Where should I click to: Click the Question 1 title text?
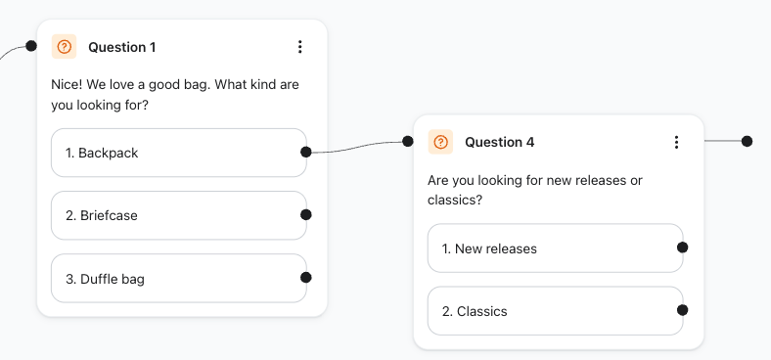pos(122,47)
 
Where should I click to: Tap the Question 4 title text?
pos(500,142)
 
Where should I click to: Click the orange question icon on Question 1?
pos(64,47)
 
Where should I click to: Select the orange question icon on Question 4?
pos(440,142)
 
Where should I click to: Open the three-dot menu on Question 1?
pos(300,47)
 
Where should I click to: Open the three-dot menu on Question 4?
pos(677,142)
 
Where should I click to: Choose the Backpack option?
pos(179,153)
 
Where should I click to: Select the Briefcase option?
pos(179,215)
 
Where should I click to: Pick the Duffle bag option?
pos(179,279)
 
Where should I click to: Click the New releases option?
pos(556,248)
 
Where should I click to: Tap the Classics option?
pos(556,311)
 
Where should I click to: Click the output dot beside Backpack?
pos(306,152)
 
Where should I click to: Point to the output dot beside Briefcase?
pos(306,214)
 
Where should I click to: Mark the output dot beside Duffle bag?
pos(306,278)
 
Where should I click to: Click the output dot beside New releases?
pos(683,247)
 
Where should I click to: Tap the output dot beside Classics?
pos(683,310)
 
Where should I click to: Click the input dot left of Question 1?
pos(31,46)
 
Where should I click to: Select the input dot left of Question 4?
pos(408,141)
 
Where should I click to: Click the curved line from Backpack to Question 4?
pos(357,147)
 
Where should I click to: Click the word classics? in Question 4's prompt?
pos(454,201)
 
